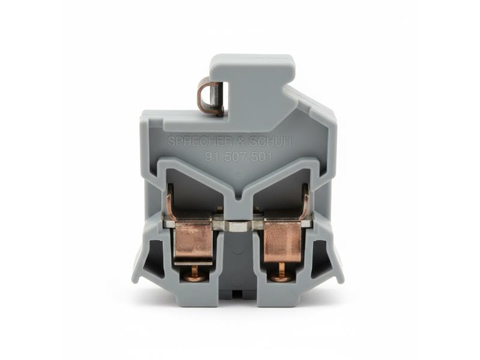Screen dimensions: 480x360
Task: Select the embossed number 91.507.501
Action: click(239, 157)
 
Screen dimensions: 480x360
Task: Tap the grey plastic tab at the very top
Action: click(252, 66)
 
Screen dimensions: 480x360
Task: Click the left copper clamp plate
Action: click(193, 242)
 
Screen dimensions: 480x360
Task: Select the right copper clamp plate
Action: click(282, 242)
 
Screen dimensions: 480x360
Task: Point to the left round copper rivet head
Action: click(194, 277)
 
